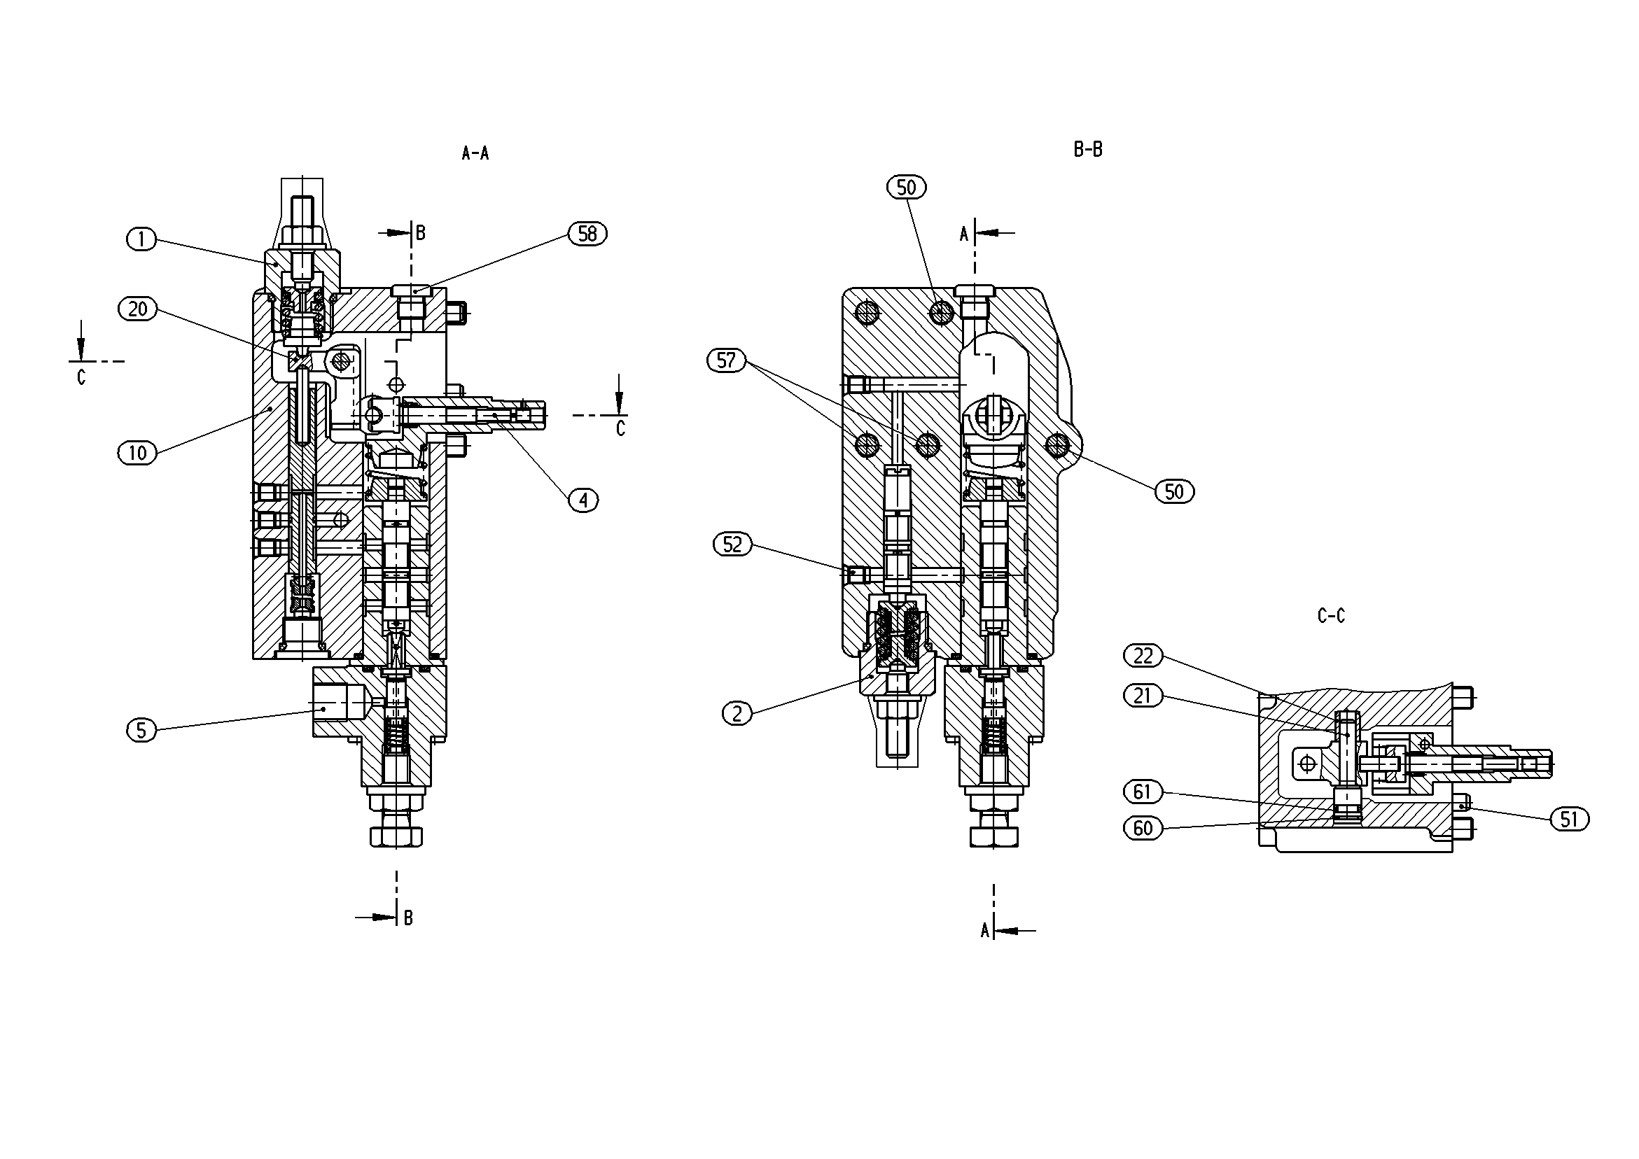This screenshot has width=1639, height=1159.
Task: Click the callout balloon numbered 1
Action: pyautogui.click(x=141, y=239)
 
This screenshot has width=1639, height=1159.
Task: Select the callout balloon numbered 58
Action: pyautogui.click(x=587, y=234)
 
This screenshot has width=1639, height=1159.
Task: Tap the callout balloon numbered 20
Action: pyautogui.click(x=138, y=309)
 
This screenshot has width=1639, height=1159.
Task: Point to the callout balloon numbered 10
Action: pyautogui.click(x=138, y=452)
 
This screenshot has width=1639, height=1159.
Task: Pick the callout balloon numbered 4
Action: pyautogui.click(x=584, y=501)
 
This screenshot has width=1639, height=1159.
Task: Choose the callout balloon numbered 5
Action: pyautogui.click(x=141, y=730)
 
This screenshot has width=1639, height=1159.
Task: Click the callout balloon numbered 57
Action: pyautogui.click(x=726, y=360)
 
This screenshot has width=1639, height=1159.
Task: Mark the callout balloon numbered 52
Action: pyautogui.click(x=733, y=545)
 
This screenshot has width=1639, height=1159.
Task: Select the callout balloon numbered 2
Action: pyautogui.click(x=737, y=713)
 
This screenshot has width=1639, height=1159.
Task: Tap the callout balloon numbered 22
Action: pyautogui.click(x=1143, y=656)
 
